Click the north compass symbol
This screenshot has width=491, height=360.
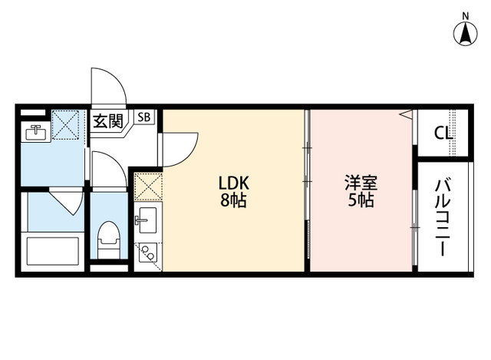click(466, 33)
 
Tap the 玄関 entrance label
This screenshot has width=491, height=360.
click(108, 120)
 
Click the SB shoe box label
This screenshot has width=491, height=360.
click(144, 117)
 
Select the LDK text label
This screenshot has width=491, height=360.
click(235, 183)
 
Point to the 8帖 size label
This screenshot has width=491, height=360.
click(235, 202)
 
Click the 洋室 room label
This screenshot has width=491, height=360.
click(359, 183)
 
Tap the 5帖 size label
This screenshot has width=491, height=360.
click(359, 202)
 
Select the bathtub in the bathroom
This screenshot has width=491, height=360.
click(54, 251)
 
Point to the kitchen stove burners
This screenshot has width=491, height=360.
click(146, 251)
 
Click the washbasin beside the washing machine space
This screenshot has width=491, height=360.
click(35, 133)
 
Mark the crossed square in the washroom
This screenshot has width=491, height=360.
click(65, 124)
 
